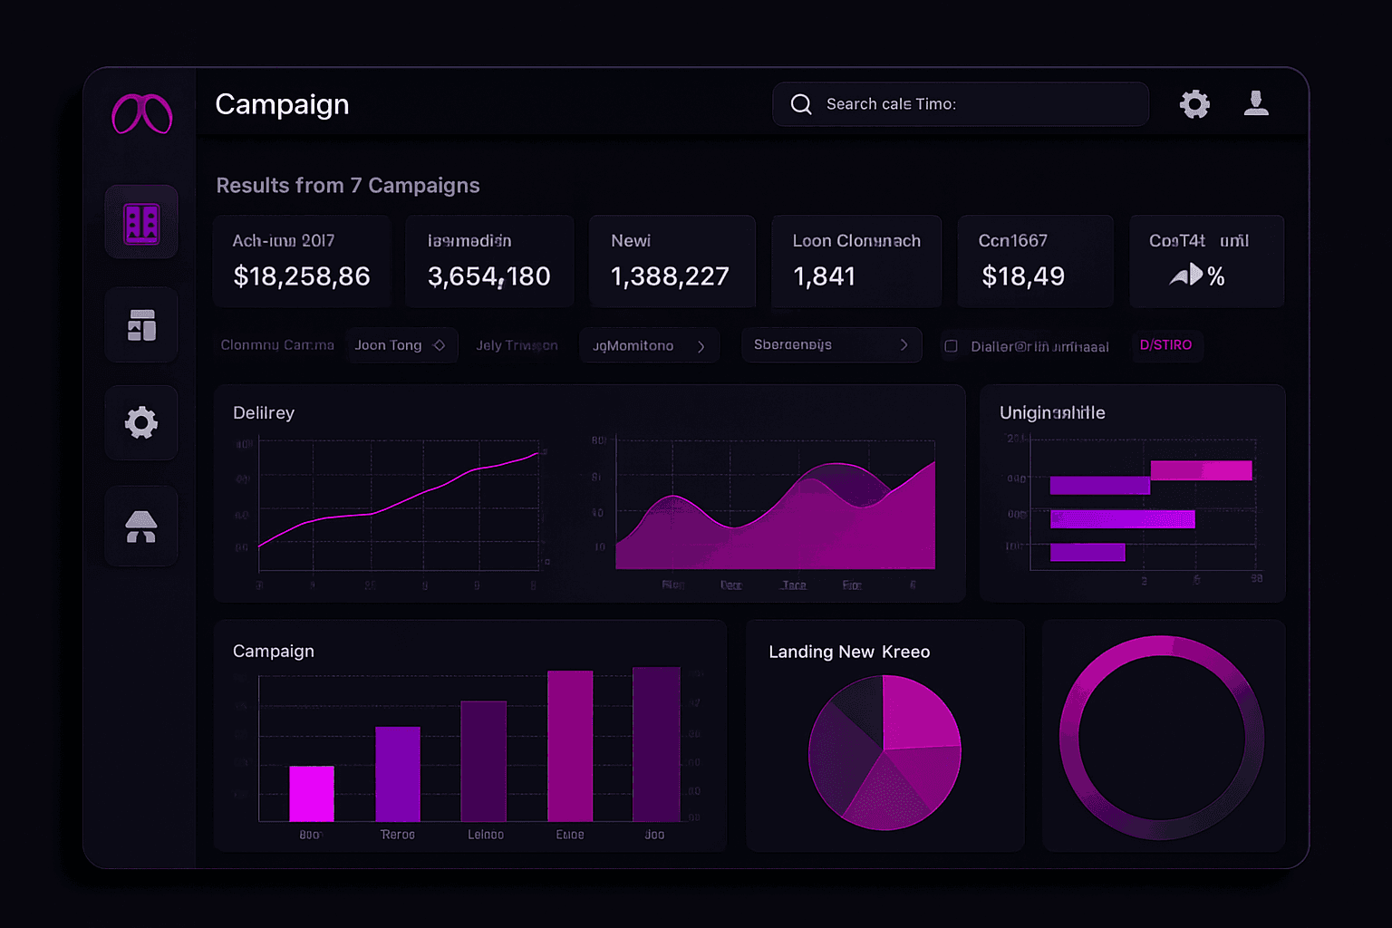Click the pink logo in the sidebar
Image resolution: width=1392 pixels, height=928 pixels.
pos(141,114)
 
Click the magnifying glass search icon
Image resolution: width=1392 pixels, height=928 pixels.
pos(801,104)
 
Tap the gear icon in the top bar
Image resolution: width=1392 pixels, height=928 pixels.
pos(1194,104)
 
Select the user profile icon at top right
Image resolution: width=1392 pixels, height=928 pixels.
pos(1256,103)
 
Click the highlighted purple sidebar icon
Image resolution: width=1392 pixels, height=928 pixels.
pos(141,223)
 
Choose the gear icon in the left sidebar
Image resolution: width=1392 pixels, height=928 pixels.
pos(141,422)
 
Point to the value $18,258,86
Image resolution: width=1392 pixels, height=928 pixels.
pos(302,275)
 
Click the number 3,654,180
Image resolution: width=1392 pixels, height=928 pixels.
pos(489,275)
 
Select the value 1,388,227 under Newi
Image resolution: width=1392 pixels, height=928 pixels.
pos(670,275)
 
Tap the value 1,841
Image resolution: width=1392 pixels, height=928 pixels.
pos(824,275)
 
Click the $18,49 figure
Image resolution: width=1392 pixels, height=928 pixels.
pos(1023,275)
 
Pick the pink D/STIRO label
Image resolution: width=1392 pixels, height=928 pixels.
pos(1165,345)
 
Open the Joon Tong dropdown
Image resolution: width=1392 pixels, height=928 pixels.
pos(401,345)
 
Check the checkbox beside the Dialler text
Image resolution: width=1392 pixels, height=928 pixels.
pos(951,346)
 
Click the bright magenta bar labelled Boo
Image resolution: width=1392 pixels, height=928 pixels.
pos(312,794)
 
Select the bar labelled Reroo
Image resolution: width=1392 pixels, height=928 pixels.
pos(398,774)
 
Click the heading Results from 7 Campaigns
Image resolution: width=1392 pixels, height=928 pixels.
pos(348,186)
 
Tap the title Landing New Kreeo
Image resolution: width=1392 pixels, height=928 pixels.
pos(849,652)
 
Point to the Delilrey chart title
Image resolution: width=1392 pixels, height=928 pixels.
pos(264,412)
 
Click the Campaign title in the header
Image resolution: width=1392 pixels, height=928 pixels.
pos(282,104)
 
